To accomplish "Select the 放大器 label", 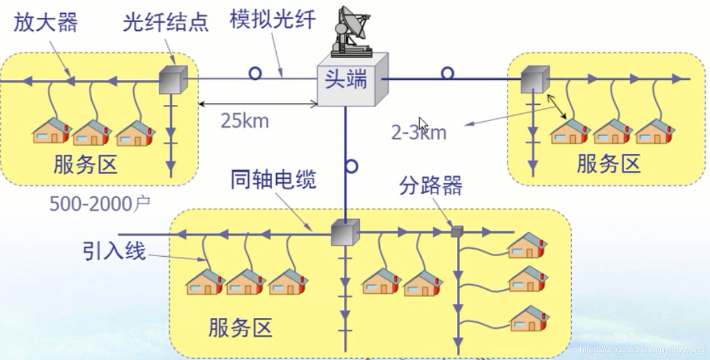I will tap(46, 23).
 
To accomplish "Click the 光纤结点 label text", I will tap(166, 23).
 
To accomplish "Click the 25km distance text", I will tap(245, 120).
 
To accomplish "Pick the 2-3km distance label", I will tap(419, 133).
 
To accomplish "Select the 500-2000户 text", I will tap(100, 204).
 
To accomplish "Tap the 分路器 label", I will tap(430, 187).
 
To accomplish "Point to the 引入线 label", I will tap(114, 252).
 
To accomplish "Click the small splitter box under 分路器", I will tap(456, 231).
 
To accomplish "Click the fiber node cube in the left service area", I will tap(173, 80).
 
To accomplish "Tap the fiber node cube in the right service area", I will tap(535, 80).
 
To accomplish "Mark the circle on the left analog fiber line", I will tap(255, 73).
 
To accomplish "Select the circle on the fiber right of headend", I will tap(448, 73).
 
